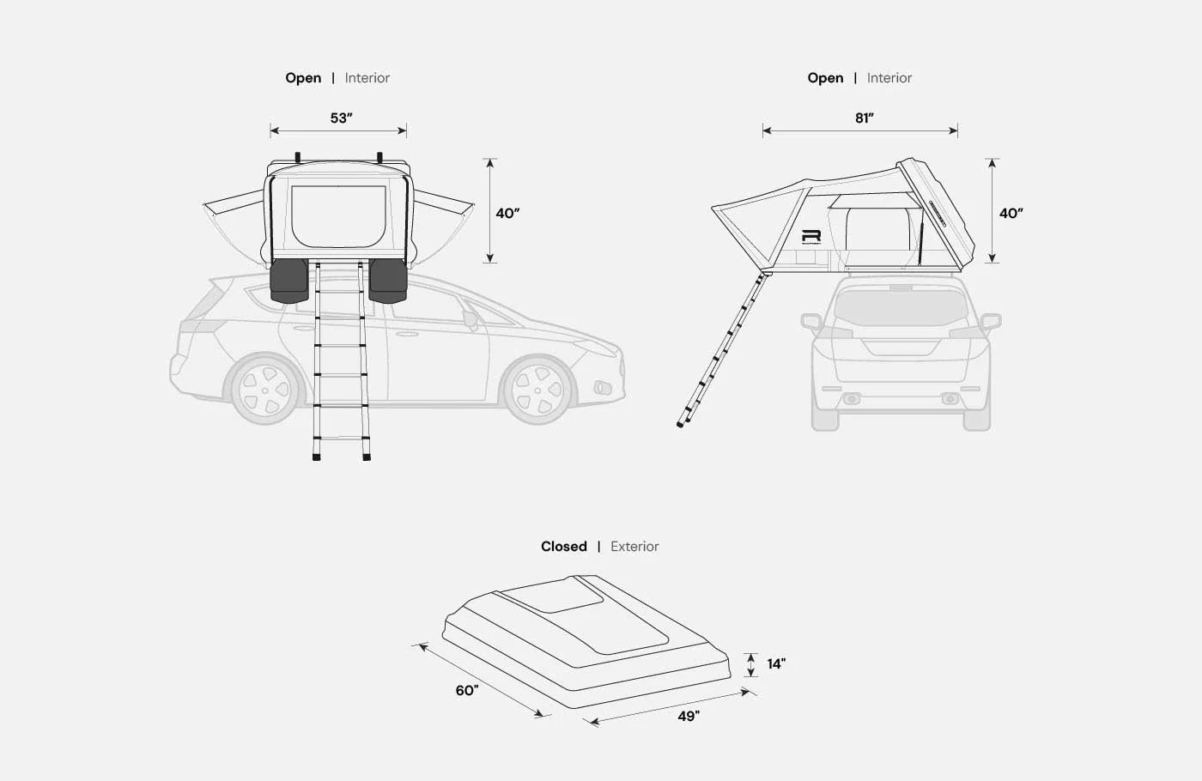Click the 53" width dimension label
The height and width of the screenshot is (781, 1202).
(x=342, y=118)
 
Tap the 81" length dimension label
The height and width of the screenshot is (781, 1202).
(x=865, y=118)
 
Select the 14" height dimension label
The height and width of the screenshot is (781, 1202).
(x=776, y=664)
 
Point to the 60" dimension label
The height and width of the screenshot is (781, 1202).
(x=467, y=690)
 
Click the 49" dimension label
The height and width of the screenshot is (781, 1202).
(x=689, y=716)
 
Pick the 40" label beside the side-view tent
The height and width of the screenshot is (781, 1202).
(x=507, y=214)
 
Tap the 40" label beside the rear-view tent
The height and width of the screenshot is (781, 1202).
(x=1011, y=214)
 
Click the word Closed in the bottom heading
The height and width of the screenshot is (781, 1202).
(x=563, y=547)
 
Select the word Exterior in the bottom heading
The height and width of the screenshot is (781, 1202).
(x=634, y=547)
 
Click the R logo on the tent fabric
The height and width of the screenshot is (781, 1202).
(x=811, y=237)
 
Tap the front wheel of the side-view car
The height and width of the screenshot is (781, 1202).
(x=537, y=390)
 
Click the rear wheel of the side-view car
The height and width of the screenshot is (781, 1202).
(x=264, y=388)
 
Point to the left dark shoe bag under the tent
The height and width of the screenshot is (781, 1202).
(x=289, y=281)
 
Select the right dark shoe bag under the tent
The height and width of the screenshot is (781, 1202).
(x=387, y=281)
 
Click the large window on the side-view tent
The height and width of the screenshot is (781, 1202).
(x=338, y=216)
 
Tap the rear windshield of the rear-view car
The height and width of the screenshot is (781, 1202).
(x=901, y=306)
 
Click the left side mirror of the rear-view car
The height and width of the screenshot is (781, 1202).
(x=810, y=322)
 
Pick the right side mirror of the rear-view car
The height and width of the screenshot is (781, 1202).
(x=991, y=322)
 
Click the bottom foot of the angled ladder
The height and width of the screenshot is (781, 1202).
(x=681, y=424)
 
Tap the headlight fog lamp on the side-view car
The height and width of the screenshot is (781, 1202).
(x=603, y=387)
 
